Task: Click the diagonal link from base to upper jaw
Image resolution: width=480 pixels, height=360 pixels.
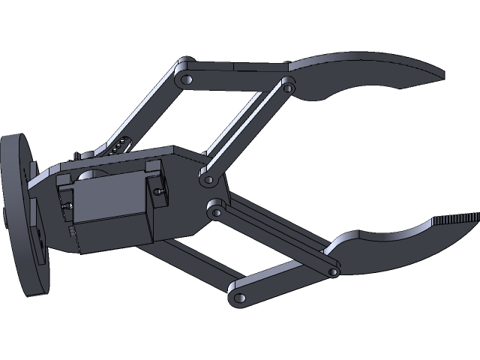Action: click(247, 131)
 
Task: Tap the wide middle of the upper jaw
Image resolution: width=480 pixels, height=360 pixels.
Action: click(360, 71)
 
